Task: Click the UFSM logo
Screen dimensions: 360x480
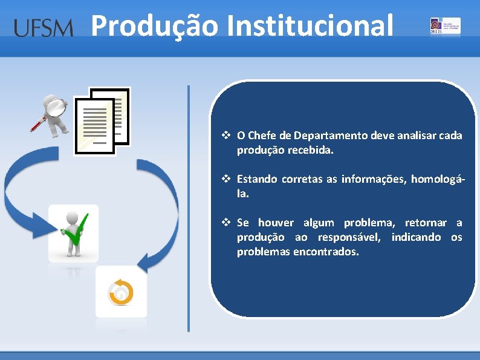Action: (x=43, y=27)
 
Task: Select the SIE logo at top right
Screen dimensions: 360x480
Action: (x=444, y=26)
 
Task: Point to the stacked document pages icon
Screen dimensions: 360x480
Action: (x=102, y=121)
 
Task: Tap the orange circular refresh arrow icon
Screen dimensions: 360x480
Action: (x=121, y=292)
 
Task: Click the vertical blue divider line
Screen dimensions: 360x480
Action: (x=188, y=208)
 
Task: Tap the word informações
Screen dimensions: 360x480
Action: (x=371, y=179)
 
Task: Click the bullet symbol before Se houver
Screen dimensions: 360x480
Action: (x=226, y=223)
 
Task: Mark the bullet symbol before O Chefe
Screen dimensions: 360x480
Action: (x=226, y=136)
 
